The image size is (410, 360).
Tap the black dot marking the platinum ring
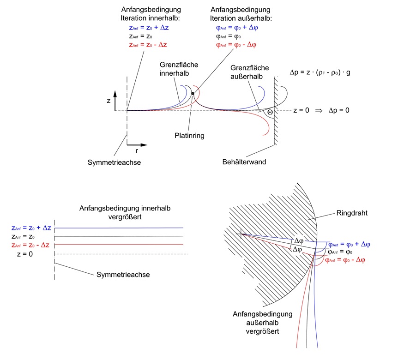point(193,94)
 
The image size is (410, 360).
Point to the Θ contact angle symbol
point(270,112)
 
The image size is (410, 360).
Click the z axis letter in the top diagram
point(109,100)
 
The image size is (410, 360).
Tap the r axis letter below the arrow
point(137,150)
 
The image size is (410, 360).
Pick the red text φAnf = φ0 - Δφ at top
point(236,45)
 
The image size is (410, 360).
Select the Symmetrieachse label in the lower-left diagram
point(123,274)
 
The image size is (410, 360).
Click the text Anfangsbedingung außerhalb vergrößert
point(262,323)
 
